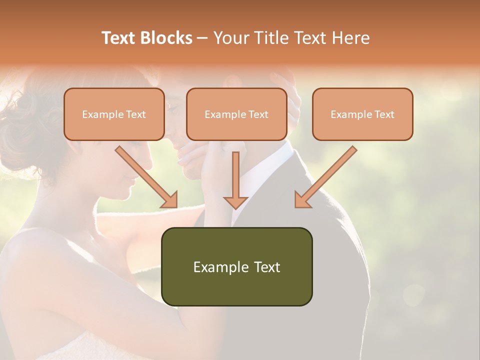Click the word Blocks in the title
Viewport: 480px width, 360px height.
(167, 38)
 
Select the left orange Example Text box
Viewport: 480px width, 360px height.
(114, 114)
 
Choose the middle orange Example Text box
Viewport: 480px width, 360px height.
(236, 114)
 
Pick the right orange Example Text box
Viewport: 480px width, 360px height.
(362, 114)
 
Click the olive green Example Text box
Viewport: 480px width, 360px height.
(236, 266)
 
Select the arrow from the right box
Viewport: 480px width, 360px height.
(327, 175)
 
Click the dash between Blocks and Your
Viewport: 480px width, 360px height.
(202, 38)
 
